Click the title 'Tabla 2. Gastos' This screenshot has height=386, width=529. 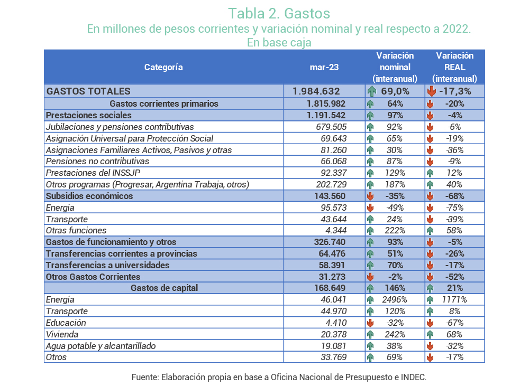tap(279, 14)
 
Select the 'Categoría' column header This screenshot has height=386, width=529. tap(163, 67)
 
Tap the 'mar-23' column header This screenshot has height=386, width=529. tap(324, 67)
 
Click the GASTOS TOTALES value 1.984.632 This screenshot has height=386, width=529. tap(316, 91)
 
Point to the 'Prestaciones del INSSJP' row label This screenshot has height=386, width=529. tap(93, 173)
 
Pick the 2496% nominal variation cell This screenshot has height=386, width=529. tap(395, 299)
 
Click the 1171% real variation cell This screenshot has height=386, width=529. tap(454, 299)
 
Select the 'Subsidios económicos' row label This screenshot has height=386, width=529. tap(89, 196)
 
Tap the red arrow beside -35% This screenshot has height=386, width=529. tap(370, 196)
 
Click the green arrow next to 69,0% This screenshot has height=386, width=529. tap(372, 91)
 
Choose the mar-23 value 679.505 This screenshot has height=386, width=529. tap(331, 127)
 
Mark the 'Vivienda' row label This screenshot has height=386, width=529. tap(62, 334)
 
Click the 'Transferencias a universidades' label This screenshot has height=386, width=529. tap(107, 265)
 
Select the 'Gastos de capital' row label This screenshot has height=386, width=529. tap(165, 288)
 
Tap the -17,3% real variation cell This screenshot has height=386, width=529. tap(455, 91)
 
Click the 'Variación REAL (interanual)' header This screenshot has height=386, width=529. tap(455, 67)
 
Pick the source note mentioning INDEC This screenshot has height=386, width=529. tap(279, 377)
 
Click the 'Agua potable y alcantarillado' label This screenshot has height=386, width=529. tap(101, 346)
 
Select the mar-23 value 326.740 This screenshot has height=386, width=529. tap(330, 242)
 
